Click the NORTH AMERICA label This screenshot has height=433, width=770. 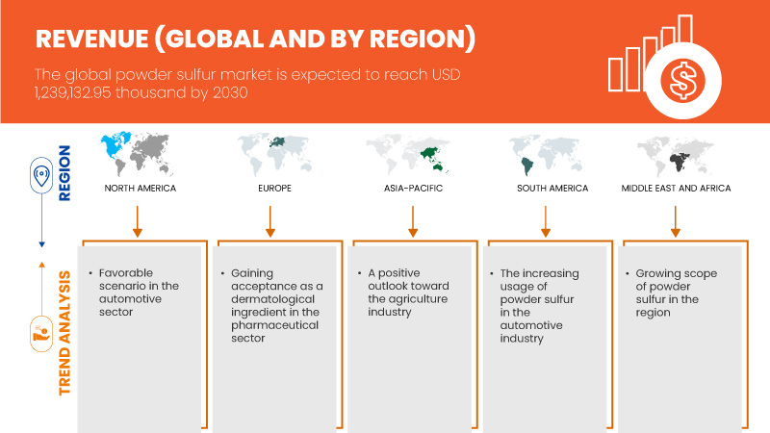(x=140, y=189)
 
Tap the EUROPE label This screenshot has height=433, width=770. (x=270, y=189)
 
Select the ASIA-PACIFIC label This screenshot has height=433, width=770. (x=412, y=189)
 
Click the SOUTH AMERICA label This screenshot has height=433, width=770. (x=546, y=189)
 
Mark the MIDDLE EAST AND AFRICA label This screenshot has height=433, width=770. (x=676, y=189)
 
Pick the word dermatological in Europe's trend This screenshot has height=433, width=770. (x=271, y=299)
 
